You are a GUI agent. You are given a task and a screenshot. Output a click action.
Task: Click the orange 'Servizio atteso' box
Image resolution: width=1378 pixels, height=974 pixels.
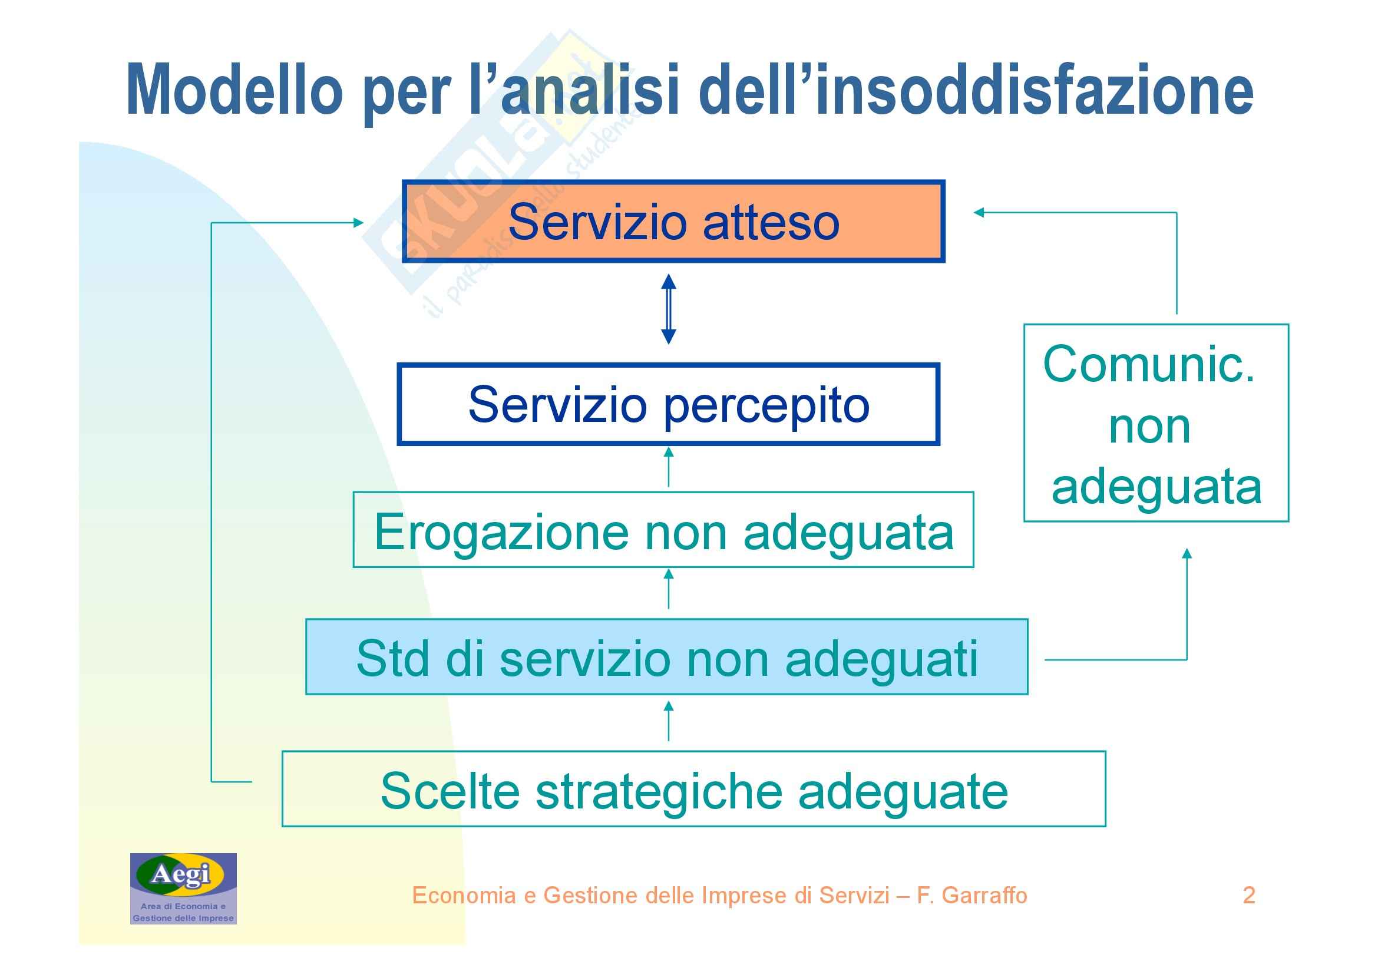pyautogui.click(x=673, y=222)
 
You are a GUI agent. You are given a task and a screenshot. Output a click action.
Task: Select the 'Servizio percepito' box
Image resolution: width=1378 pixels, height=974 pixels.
pyautogui.click(x=668, y=404)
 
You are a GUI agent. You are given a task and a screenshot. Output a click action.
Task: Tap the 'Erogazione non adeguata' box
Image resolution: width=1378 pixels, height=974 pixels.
pyautogui.click(x=663, y=529)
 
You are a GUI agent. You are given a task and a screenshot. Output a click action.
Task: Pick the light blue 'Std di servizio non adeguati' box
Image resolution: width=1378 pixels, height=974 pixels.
pyautogui.click(x=667, y=657)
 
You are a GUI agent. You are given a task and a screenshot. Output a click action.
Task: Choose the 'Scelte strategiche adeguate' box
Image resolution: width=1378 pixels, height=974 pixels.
pyautogui.click(x=694, y=788)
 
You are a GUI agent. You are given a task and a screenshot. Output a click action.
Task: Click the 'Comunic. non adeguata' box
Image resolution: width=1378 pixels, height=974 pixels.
pyautogui.click(x=1156, y=423)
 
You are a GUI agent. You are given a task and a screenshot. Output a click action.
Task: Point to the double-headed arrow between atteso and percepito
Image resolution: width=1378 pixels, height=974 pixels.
pyautogui.click(x=669, y=309)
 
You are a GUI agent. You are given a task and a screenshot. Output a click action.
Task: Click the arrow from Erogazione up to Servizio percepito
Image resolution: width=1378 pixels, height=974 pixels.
pyautogui.click(x=669, y=467)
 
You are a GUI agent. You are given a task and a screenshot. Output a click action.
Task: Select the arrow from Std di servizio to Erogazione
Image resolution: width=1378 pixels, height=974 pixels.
pyautogui.click(x=669, y=589)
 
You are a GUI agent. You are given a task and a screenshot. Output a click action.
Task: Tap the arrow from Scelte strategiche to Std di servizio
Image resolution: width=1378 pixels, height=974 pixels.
pyautogui.click(x=669, y=721)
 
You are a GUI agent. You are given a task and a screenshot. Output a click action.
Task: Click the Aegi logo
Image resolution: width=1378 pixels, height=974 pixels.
pyautogui.click(x=183, y=888)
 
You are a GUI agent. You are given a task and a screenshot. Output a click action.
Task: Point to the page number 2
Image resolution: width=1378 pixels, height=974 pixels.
pyautogui.click(x=1249, y=895)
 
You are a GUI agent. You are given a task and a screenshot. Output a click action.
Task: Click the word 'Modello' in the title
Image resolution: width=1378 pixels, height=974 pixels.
pyautogui.click(x=234, y=90)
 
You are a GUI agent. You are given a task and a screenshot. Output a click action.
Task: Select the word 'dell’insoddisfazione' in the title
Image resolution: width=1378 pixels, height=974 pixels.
pyautogui.click(x=976, y=90)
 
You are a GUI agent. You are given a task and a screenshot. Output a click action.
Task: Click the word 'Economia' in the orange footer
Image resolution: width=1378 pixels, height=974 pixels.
pyautogui.click(x=464, y=895)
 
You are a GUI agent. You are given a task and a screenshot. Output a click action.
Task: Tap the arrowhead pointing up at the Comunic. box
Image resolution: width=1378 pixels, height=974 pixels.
pyautogui.click(x=1187, y=553)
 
